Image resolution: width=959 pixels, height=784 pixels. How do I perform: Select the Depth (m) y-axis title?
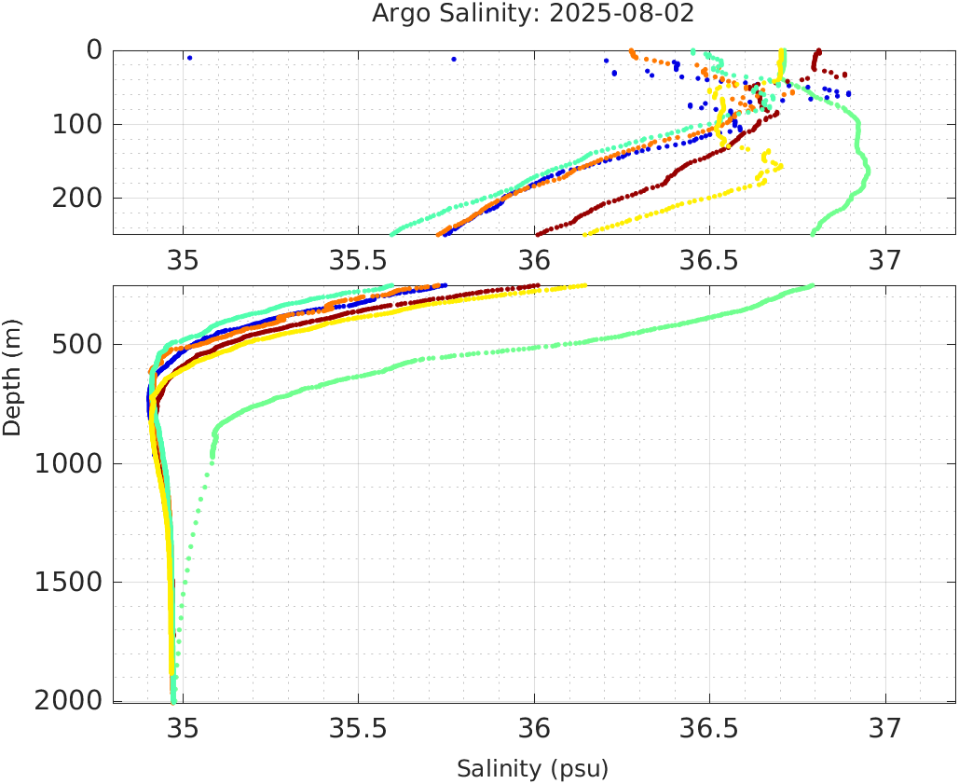click(12, 376)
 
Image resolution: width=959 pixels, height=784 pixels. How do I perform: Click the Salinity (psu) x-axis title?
click(532, 769)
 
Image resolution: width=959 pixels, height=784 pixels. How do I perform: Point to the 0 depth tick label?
click(94, 50)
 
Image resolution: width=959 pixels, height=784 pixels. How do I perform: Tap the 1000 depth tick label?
click(68, 463)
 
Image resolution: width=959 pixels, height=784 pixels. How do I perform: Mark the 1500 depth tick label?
click(68, 582)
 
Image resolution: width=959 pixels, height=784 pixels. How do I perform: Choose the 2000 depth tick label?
click(68, 700)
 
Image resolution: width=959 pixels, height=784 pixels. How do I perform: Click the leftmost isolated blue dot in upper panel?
click(190, 58)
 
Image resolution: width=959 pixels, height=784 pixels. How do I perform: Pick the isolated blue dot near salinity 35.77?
click(454, 59)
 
